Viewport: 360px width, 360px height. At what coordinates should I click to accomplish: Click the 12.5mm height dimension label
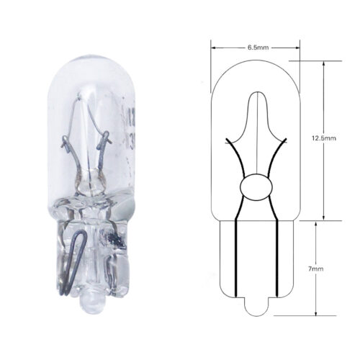[324, 138]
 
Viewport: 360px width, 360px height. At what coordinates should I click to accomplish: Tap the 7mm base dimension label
[315, 269]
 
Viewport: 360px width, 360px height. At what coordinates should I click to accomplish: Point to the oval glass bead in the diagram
[256, 186]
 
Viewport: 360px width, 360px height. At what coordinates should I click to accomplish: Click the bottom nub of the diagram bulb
[256, 307]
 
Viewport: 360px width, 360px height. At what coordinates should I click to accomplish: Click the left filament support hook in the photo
[66, 142]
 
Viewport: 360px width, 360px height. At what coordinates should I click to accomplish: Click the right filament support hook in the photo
[105, 139]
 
